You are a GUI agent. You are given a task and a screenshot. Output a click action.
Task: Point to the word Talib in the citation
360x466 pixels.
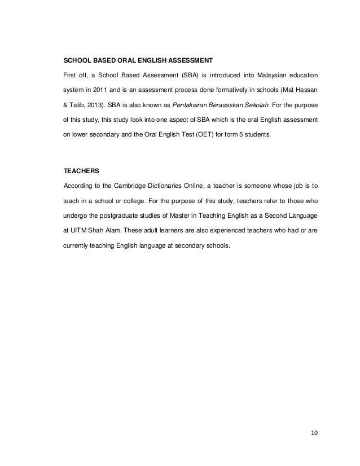point(76,105)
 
